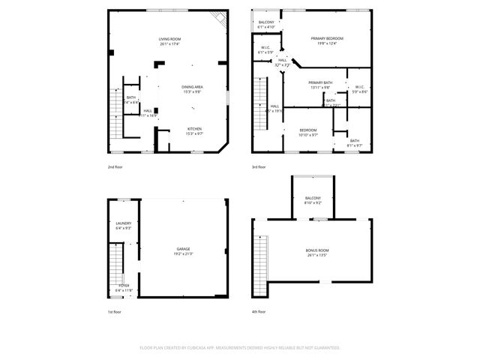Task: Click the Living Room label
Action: [169, 38]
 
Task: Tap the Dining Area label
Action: [193, 87]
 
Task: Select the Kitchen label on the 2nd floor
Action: [194, 129]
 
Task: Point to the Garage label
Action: [183, 248]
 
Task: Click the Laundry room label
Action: [124, 223]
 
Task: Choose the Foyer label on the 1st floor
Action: [124, 285]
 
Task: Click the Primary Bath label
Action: [319, 82]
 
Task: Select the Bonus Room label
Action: [317, 250]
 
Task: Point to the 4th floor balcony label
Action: [313, 197]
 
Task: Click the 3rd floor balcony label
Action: [266, 22]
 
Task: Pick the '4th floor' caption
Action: [259, 311]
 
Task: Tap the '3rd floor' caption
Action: [259, 166]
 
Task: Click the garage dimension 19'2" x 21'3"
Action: [183, 253]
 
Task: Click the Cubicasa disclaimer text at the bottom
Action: [240, 347]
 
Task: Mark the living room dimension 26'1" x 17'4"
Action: [169, 44]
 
